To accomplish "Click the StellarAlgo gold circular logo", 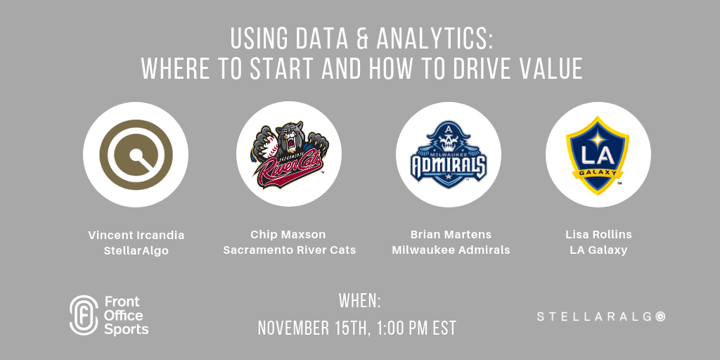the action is pyautogui.click(x=136, y=154).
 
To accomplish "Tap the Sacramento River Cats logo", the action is pyautogui.click(x=289, y=155).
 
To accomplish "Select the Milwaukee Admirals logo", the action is pyautogui.click(x=448, y=154).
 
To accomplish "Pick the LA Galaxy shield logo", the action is pyautogui.click(x=598, y=155).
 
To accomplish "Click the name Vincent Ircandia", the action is pyautogui.click(x=136, y=236).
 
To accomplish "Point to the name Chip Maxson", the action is pyautogui.click(x=288, y=235).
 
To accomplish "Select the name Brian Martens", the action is pyautogui.click(x=451, y=235).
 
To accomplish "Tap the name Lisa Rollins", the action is pyautogui.click(x=599, y=235).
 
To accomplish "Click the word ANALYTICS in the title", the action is pyautogui.click(x=434, y=39).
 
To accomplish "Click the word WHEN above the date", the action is pyautogui.click(x=359, y=301).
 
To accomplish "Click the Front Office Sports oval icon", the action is pyautogui.click(x=84, y=315).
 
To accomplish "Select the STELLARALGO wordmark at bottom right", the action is pyautogui.click(x=600, y=316).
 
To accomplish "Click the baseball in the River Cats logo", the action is pyautogui.click(x=270, y=146).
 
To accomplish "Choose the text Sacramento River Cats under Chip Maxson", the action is pyautogui.click(x=289, y=250).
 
